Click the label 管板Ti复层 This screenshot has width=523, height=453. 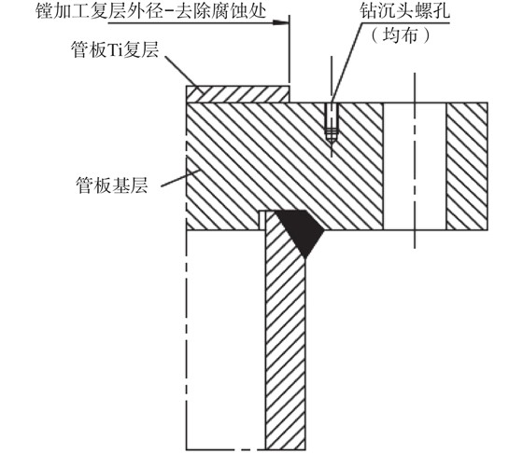tap(115, 50)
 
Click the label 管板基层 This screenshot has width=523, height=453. tap(112, 185)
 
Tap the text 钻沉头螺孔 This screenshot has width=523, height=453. tap(405, 10)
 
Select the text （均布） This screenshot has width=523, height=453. tap(401, 34)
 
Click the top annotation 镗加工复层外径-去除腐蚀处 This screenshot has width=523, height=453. tap(150, 10)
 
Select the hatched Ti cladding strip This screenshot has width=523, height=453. tap(237, 94)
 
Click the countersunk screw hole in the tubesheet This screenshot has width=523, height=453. tap(332, 123)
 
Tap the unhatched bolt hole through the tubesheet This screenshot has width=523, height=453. tap(415, 166)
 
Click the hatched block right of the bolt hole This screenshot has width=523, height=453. tap(467, 166)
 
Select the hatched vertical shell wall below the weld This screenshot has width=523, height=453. tap(285, 336)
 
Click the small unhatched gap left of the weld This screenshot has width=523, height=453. tap(262, 220)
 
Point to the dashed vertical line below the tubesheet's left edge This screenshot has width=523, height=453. tap(187, 339)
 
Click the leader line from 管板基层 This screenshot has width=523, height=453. tap(180, 178)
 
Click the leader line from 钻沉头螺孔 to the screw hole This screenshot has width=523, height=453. tap(346, 62)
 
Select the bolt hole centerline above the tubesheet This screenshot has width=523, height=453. tap(415, 88)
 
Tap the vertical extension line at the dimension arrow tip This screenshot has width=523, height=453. tap(290, 49)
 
